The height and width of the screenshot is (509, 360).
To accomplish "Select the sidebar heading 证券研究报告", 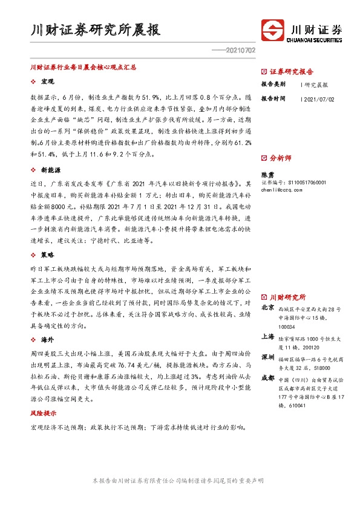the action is [291, 71].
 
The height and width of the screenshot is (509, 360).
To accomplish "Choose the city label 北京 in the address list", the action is [267, 308].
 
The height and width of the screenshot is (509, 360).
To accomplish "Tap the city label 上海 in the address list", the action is [267, 336].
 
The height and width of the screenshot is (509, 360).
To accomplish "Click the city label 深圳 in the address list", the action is [267, 357].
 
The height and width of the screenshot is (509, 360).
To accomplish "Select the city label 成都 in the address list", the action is [267, 378].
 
